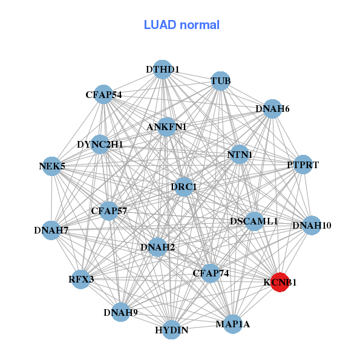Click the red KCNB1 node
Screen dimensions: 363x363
click(x=279, y=282)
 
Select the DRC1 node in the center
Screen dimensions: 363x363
click(x=183, y=186)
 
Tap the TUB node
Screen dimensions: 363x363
click(x=220, y=80)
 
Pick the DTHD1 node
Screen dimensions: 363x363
click(x=162, y=70)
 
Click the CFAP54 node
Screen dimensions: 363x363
click(x=103, y=94)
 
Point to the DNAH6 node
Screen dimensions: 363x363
click(x=272, y=109)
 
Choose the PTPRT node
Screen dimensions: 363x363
click(x=302, y=165)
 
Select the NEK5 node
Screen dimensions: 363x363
click(x=52, y=166)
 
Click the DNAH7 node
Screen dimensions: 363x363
click(x=51, y=230)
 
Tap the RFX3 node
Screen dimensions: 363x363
click(x=81, y=280)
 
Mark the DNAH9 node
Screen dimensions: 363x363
click(x=120, y=312)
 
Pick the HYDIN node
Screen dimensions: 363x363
click(x=172, y=330)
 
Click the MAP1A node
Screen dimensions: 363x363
click(x=232, y=324)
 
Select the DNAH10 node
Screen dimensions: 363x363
click(x=312, y=226)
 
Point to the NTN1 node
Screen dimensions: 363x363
click(x=240, y=155)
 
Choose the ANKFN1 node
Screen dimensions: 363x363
click(x=166, y=127)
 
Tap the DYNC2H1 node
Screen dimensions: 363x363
click(x=100, y=145)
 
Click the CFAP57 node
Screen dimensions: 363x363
click(x=109, y=211)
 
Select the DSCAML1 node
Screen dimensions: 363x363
click(x=254, y=221)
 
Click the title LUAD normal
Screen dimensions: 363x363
click(x=181, y=25)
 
